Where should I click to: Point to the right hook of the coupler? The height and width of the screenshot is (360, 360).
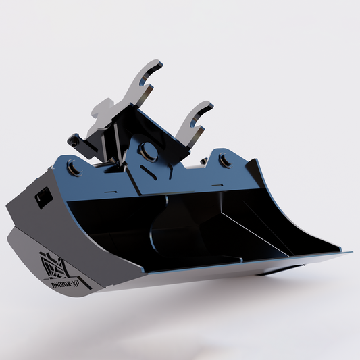tap(197, 120)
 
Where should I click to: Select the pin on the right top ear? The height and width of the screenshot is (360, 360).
tap(224, 161)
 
